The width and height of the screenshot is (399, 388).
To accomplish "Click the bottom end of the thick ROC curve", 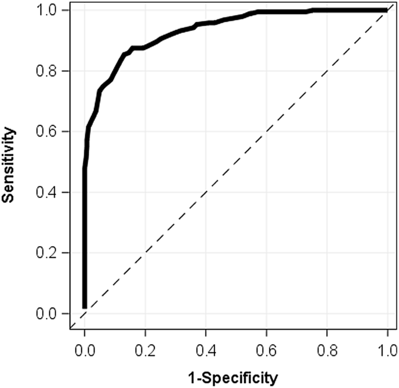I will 84,306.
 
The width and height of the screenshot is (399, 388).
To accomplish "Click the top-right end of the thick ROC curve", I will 386,10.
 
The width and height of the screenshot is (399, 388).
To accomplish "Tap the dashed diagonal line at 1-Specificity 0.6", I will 266,131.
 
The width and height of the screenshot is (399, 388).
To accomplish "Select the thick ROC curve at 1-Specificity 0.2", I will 145,46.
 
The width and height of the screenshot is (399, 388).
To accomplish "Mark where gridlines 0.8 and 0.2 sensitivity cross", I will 327,253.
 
